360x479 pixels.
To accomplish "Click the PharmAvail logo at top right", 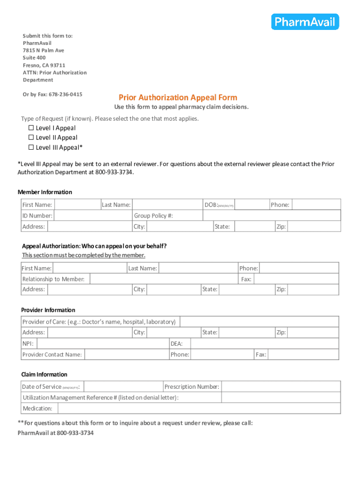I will click(x=305, y=22).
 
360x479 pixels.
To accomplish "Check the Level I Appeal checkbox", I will click(x=31, y=128).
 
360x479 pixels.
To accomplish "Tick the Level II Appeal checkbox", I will click(x=31, y=138).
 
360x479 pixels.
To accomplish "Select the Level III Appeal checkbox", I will click(x=31, y=147).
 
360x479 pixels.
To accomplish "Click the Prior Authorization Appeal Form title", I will click(x=178, y=97).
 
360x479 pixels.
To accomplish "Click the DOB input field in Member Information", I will click(x=252, y=205).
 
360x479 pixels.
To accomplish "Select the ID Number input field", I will click(x=93, y=216).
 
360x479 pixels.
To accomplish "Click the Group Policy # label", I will click(x=153, y=216).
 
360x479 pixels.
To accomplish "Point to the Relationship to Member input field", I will click(x=163, y=279).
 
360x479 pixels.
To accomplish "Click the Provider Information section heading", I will click(x=48, y=310).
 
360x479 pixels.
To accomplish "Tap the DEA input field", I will click(x=265, y=343).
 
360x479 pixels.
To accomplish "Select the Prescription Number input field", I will click(x=280, y=387).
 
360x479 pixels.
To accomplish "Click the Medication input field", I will click(x=199, y=408).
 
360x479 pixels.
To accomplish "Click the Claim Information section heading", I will click(x=44, y=375).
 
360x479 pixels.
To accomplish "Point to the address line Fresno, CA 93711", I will click(x=44, y=65).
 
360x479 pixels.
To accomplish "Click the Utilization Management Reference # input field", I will click(x=281, y=398).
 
